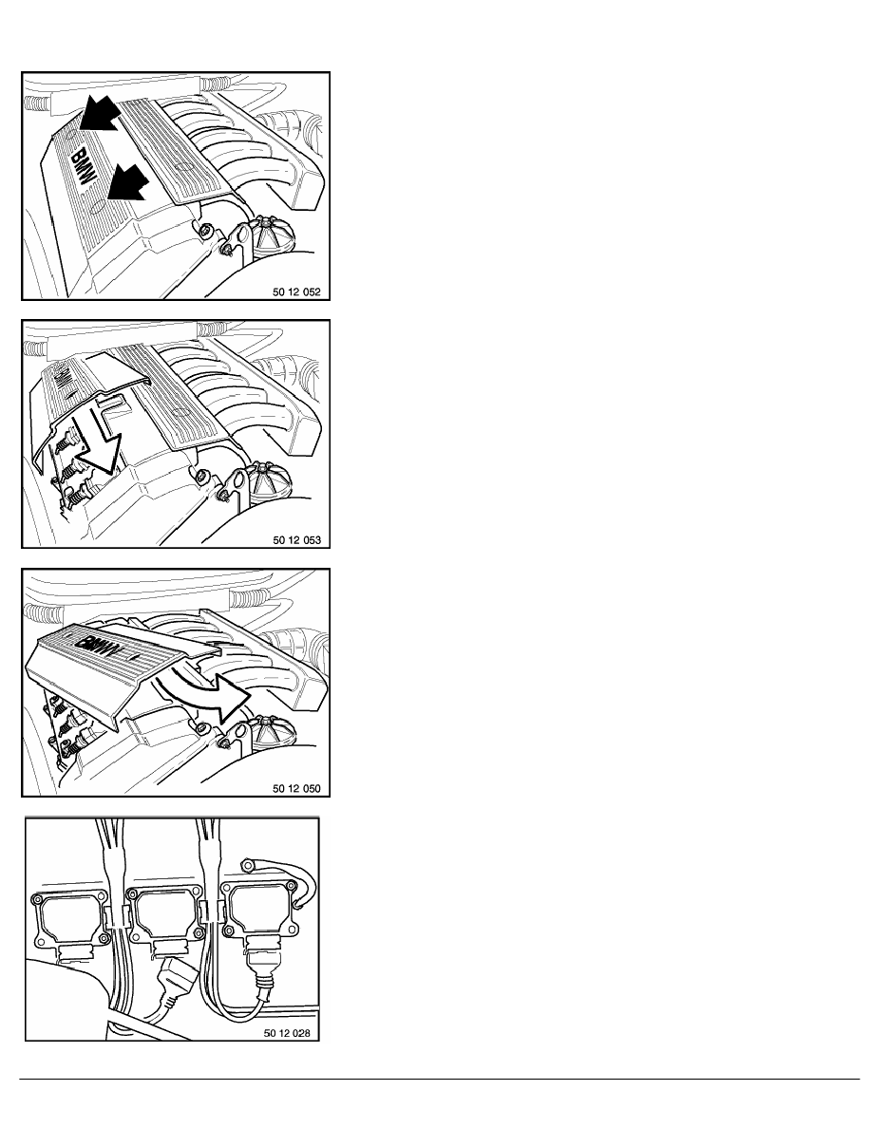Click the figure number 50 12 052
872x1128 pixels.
[296, 292]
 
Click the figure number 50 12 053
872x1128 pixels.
[296, 540]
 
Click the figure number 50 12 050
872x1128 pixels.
[296, 788]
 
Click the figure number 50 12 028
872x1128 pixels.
[287, 1033]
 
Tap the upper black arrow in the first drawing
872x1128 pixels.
[99, 113]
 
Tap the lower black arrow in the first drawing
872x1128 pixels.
[126, 181]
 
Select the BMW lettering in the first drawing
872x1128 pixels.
[83, 167]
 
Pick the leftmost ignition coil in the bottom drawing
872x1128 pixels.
[70, 925]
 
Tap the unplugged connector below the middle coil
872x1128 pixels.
[169, 983]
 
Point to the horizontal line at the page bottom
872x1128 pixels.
[440, 1079]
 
